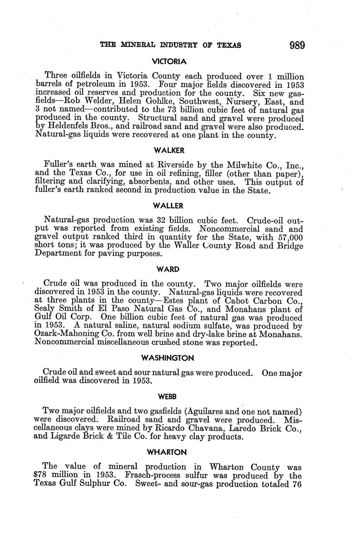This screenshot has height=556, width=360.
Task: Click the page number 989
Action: pos(296,45)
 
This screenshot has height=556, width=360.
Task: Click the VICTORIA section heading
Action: pos(169,62)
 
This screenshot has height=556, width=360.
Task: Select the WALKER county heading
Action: pos(169,150)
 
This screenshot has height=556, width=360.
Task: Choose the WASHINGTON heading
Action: pos(168,358)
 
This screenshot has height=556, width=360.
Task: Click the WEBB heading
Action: pos(167,397)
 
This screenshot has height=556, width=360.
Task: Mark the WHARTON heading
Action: pos(168,452)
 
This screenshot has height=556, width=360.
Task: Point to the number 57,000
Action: pos(289,237)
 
